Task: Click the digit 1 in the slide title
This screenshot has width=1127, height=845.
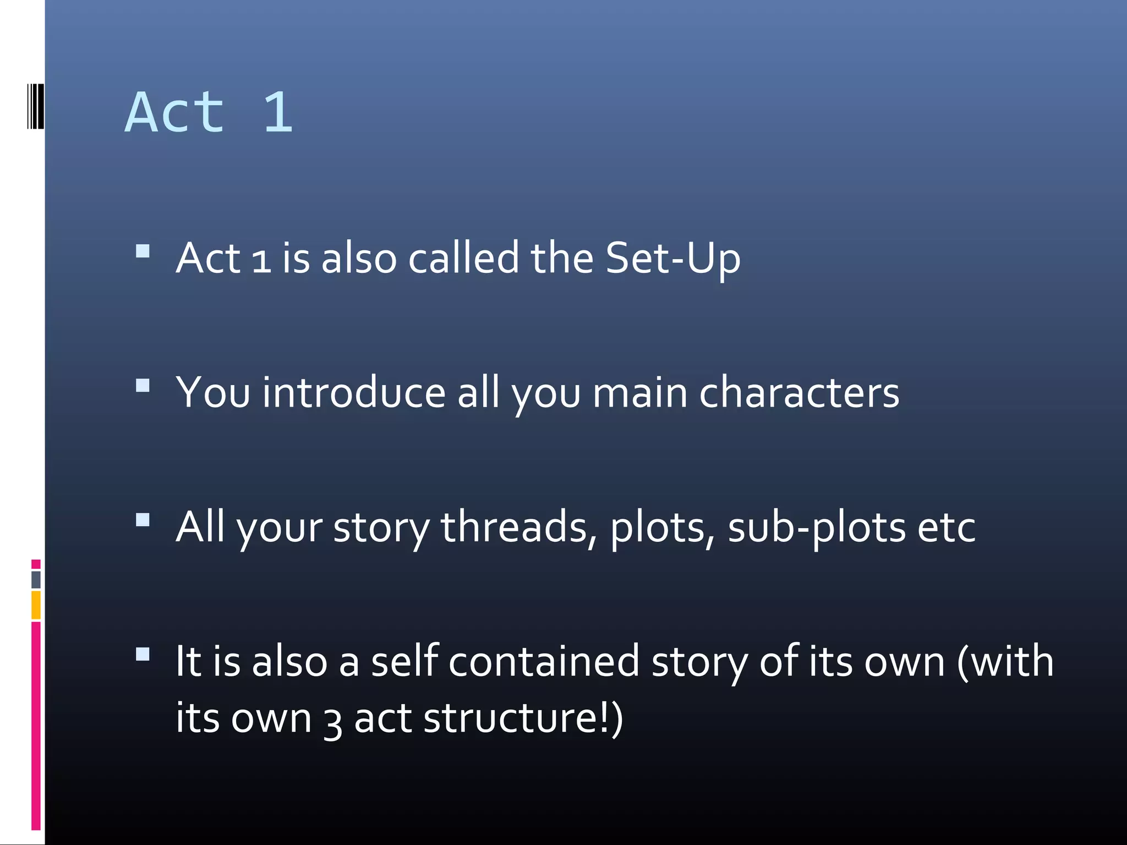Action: pos(278,113)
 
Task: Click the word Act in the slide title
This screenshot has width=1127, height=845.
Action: pos(175,113)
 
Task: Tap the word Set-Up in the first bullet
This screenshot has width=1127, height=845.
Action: pos(672,258)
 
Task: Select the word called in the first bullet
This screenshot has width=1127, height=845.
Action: pos(463,258)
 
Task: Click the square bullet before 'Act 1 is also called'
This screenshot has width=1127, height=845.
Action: pos(143,251)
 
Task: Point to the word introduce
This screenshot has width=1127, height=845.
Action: pos(353,393)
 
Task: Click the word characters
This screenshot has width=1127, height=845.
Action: pos(799,393)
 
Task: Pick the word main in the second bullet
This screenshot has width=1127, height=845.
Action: pos(639,393)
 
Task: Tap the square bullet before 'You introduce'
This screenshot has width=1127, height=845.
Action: pos(143,386)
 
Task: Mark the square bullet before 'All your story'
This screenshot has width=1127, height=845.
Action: pos(143,520)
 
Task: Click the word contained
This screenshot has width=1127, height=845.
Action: pos(544,661)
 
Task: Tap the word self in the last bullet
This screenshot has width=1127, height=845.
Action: pos(404,661)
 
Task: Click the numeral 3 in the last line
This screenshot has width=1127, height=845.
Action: pos(333,721)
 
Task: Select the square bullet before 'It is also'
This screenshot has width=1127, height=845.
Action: pos(143,654)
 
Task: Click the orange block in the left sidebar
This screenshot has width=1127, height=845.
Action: pos(36,605)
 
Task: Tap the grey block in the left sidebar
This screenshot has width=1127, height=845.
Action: pos(36,579)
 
